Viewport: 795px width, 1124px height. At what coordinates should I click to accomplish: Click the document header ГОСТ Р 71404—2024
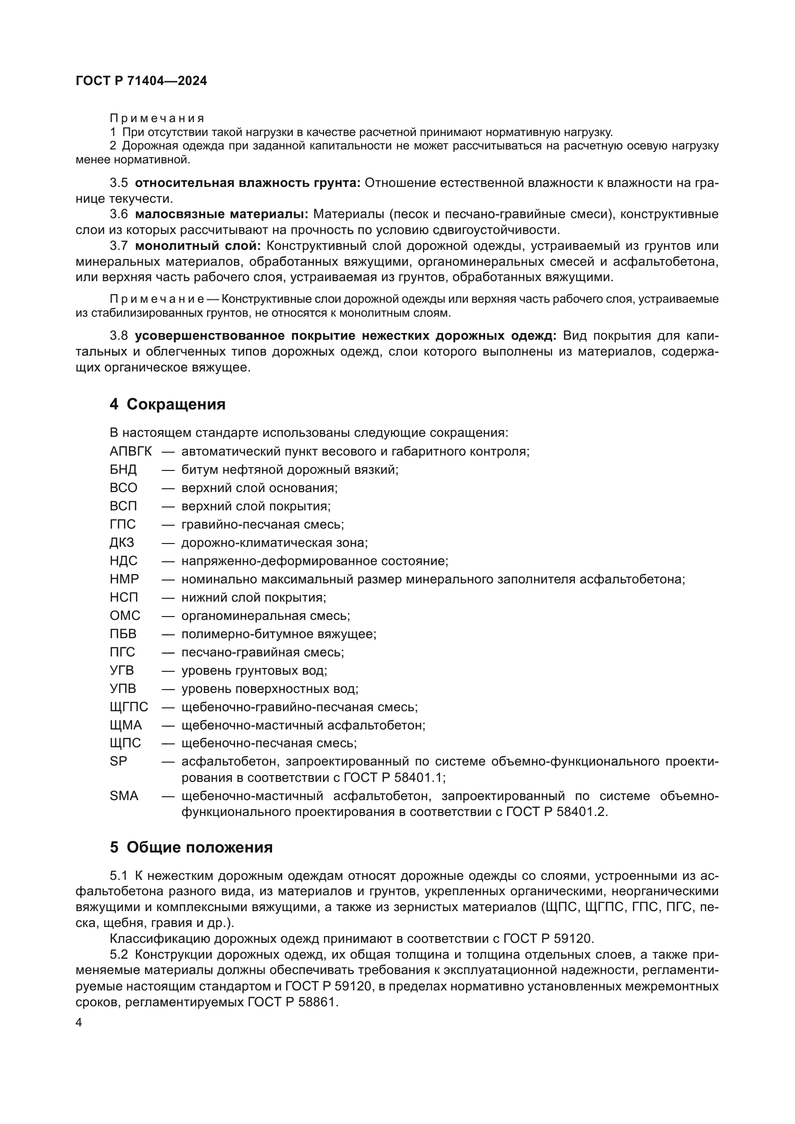141,81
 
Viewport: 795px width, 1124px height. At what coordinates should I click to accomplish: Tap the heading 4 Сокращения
167,404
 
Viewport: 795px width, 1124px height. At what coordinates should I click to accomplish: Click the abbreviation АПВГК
131,451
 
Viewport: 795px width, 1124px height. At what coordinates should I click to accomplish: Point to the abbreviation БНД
124,470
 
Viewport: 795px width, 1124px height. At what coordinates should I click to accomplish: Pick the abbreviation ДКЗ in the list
122,543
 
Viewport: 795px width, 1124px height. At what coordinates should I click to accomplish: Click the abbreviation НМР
124,579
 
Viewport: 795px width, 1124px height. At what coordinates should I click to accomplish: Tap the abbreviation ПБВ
124,634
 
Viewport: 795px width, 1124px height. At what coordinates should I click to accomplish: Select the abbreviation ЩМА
126,725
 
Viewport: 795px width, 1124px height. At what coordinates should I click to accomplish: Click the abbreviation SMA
124,796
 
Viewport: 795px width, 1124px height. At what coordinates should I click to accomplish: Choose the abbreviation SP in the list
118,761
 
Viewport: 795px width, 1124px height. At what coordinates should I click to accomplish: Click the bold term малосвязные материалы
221,214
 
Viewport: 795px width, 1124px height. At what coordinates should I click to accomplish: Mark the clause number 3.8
119,336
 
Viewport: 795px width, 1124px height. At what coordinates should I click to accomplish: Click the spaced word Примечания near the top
157,119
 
